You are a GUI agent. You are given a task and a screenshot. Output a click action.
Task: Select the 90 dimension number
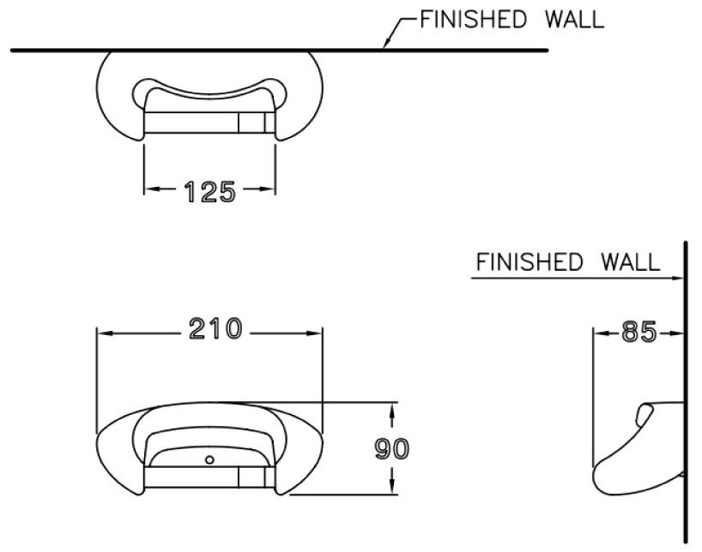tap(392, 448)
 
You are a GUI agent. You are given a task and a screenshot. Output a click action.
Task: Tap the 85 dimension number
tap(638, 331)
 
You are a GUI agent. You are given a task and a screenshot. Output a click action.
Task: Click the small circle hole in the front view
tap(209, 460)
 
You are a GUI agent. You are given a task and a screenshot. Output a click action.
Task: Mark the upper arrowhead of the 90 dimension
tap(392, 409)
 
